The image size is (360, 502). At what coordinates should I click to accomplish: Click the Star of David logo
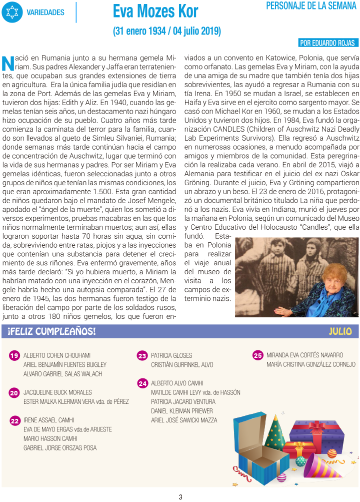(x=12, y=12)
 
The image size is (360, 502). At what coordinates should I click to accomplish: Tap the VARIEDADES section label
(x=45, y=13)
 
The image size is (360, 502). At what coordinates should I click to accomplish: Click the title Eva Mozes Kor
(x=155, y=11)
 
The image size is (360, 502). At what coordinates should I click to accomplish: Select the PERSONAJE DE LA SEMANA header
(x=311, y=6)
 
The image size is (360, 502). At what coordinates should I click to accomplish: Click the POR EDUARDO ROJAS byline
(x=327, y=43)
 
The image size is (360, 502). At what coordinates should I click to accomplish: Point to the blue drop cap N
(x=7, y=63)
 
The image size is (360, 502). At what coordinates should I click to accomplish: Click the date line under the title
(x=167, y=31)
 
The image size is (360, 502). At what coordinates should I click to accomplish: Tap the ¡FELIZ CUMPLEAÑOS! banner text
(x=51, y=332)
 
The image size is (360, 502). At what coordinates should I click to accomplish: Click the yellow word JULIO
(x=340, y=331)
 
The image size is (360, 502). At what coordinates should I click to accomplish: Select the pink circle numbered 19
(x=14, y=356)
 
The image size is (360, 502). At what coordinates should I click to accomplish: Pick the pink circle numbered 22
(x=15, y=421)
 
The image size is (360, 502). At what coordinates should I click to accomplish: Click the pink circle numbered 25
(x=257, y=356)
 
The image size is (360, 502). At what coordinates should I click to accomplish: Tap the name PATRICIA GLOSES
(x=171, y=355)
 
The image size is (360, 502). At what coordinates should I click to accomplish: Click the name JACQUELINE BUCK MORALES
(x=57, y=392)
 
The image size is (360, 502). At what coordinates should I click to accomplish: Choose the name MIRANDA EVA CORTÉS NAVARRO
(x=305, y=355)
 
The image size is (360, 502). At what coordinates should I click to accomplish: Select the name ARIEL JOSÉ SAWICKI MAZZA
(x=184, y=420)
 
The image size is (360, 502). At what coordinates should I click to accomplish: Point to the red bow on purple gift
(x=316, y=427)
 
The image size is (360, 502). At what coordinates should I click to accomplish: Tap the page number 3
(x=180, y=497)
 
